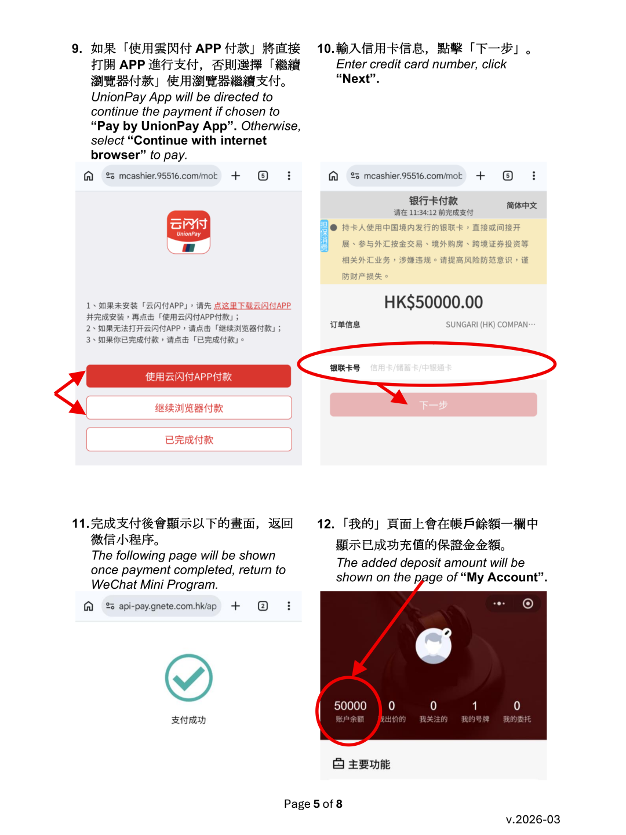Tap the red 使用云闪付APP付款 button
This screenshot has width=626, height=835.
click(188, 377)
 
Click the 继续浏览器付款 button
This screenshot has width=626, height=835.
click(188, 408)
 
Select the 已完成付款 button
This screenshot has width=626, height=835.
click(188, 440)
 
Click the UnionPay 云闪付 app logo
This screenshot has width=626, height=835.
click(188, 232)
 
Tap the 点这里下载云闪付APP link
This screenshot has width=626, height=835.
click(252, 305)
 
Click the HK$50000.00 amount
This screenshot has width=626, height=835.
click(433, 302)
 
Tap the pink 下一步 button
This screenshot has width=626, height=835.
click(433, 404)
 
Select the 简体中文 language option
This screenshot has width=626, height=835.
click(521, 205)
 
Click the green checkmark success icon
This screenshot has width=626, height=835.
click(188, 677)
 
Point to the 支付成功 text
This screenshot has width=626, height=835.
click(188, 720)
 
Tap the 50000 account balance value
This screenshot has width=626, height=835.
click(350, 706)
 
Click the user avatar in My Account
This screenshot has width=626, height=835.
click(433, 646)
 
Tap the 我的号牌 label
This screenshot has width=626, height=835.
click(475, 719)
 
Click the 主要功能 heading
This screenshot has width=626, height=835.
click(369, 764)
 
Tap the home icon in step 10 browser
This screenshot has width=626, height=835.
click(333, 176)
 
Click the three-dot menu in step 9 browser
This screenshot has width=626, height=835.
click(289, 176)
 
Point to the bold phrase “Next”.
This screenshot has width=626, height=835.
click(358, 79)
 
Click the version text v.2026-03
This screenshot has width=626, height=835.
click(533, 819)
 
